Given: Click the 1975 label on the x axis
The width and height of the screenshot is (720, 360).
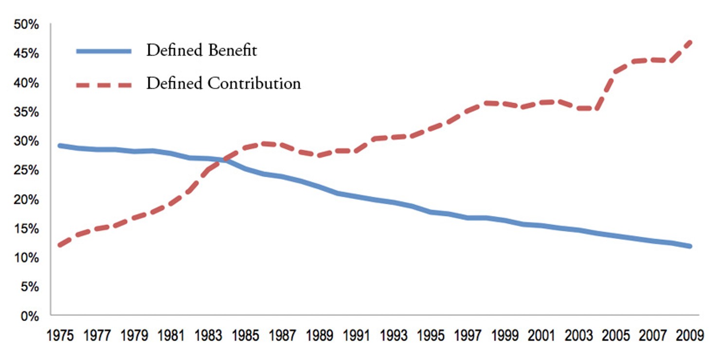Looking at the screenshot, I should (x=60, y=336).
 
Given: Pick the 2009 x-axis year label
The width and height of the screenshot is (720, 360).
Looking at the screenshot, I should (x=689, y=336).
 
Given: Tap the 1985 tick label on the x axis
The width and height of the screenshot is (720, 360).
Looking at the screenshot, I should (x=245, y=336).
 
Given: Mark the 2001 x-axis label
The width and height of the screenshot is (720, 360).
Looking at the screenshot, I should (x=541, y=336).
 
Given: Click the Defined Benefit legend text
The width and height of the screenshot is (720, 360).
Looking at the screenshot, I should (x=201, y=50).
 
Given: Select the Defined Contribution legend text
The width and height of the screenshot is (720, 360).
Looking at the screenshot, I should (x=223, y=83).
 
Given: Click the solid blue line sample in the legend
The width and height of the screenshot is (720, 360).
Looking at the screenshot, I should (x=104, y=51).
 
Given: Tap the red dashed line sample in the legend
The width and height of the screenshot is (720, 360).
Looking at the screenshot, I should (x=104, y=85).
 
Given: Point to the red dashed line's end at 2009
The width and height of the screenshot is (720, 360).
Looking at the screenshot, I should (x=689, y=42).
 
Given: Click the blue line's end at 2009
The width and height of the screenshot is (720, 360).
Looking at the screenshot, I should (x=689, y=246).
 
